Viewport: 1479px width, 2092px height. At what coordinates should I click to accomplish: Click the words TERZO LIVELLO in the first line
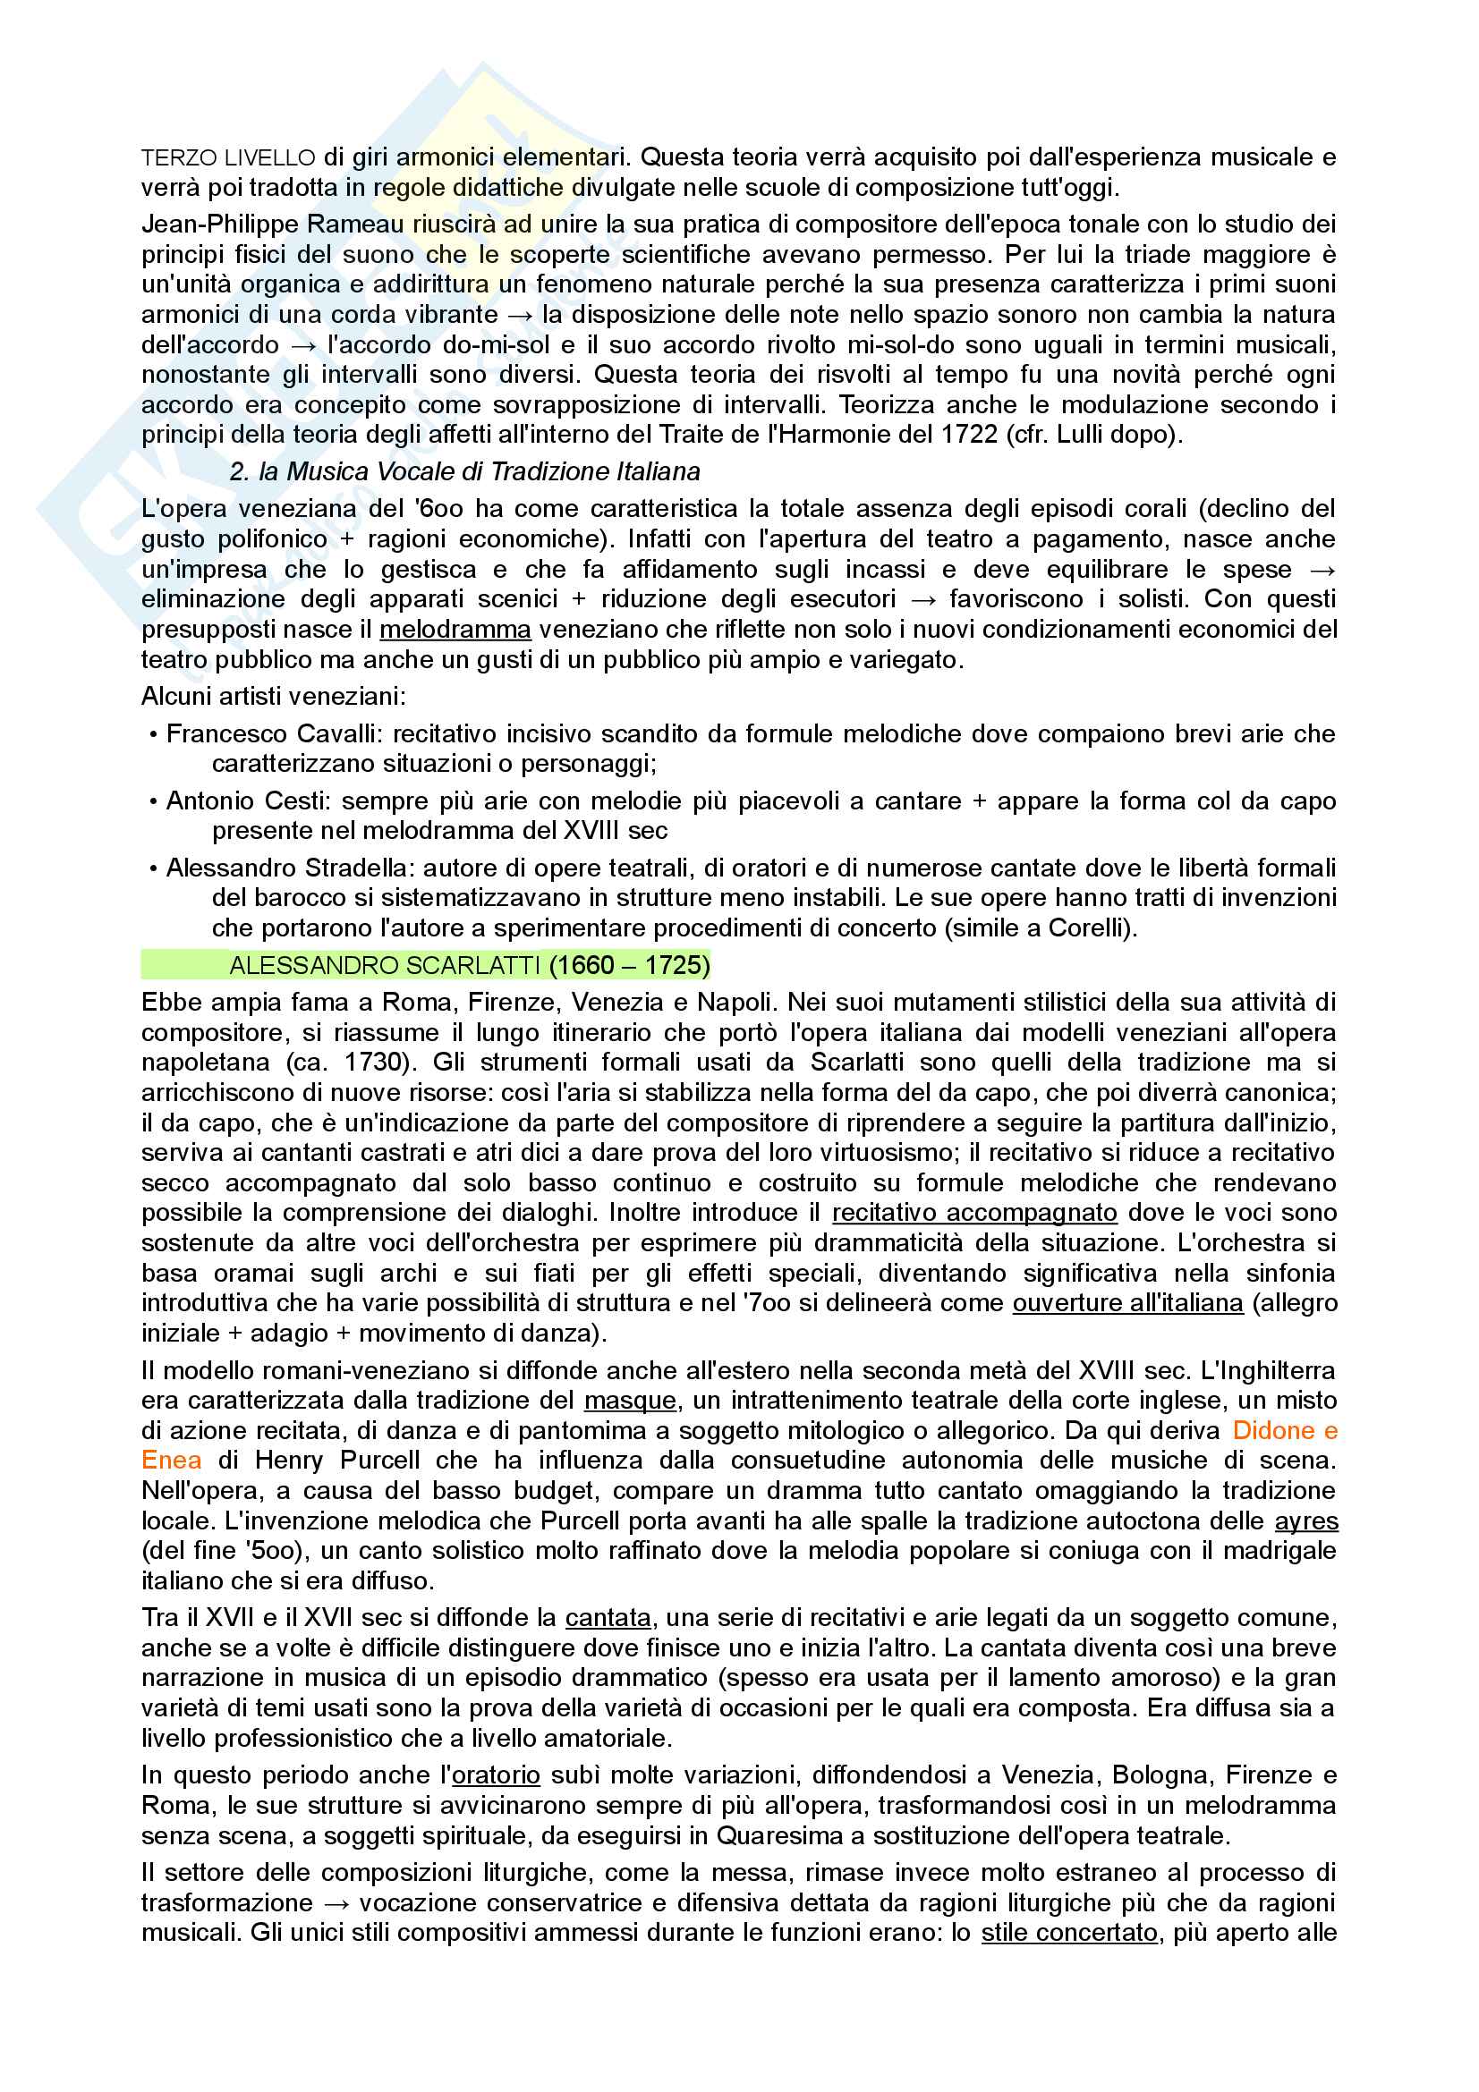coord(228,157)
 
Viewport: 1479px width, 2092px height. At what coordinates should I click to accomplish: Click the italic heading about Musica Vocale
coord(464,471)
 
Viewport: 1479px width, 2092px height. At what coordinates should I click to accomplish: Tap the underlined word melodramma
coord(455,630)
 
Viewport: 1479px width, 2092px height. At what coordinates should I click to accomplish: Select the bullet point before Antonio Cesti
coord(153,801)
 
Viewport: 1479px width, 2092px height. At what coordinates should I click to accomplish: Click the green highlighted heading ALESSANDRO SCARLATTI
coord(385,965)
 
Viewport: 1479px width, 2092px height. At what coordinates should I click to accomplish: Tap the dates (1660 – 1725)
coord(629,965)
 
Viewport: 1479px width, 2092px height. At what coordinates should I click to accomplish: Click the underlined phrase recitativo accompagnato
coord(974,1213)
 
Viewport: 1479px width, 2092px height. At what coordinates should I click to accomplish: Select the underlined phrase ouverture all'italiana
coord(1127,1303)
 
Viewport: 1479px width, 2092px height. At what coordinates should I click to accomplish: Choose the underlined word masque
coord(630,1401)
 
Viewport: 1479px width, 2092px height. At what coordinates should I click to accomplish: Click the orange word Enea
coord(171,1461)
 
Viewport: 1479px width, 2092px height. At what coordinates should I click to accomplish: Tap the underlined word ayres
coord(1305,1520)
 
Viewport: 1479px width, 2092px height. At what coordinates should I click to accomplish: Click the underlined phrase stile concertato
coord(1068,1933)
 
